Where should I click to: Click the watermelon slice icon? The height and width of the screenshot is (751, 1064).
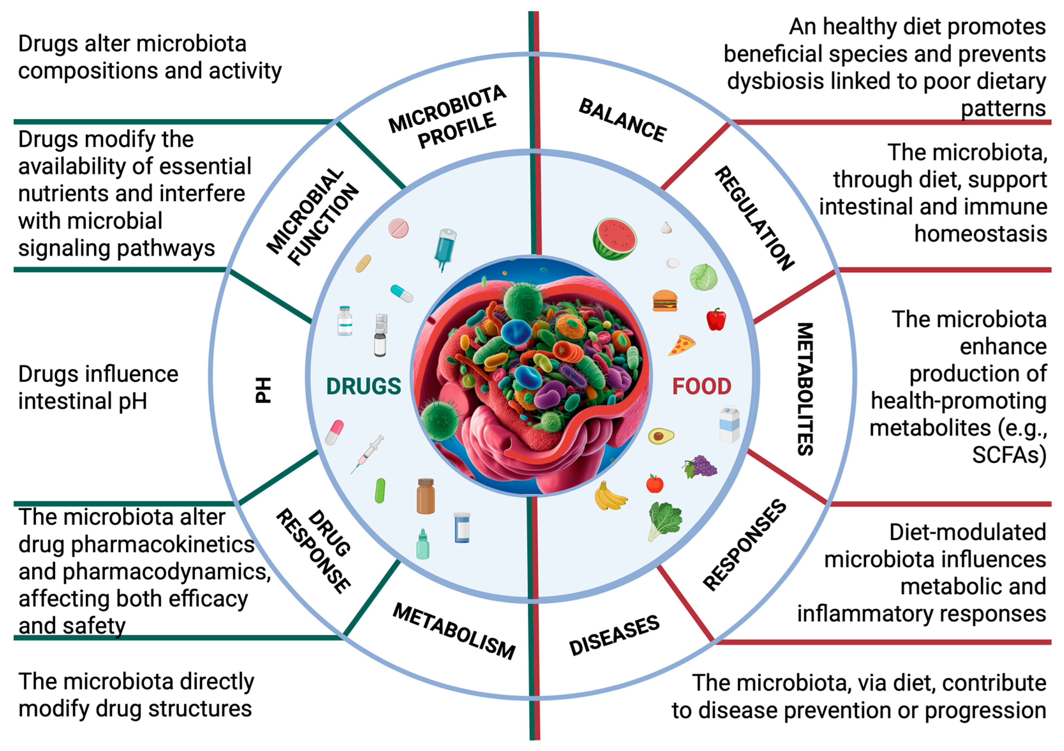615,239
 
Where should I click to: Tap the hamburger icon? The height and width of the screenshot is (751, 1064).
665,301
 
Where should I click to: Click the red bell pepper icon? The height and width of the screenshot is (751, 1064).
716,319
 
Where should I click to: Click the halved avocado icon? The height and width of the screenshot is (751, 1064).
660,436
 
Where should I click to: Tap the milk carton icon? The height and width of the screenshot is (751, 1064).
729,424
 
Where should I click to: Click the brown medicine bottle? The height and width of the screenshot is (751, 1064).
425,496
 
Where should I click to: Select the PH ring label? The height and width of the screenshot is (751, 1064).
263,390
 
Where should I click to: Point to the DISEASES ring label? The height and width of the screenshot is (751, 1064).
614,635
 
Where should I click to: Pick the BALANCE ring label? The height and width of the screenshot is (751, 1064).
622,120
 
